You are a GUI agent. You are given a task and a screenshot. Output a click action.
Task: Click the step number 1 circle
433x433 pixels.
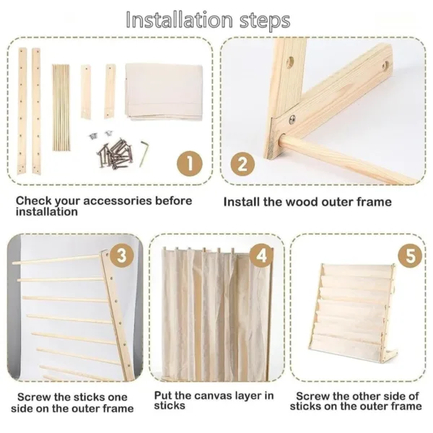tap(190, 164)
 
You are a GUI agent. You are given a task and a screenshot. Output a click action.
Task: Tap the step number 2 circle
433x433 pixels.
tap(242, 164)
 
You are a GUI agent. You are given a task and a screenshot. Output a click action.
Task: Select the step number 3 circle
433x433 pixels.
tap(122, 255)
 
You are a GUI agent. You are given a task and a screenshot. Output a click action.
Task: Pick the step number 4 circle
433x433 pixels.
tap(262, 255)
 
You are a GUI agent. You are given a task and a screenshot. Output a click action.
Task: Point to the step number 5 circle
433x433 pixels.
tap(411, 255)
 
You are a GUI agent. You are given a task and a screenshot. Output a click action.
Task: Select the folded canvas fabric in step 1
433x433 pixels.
tap(164, 92)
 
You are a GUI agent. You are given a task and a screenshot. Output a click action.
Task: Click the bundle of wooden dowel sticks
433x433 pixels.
tap(61, 108)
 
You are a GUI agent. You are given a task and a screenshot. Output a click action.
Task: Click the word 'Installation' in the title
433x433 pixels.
tap(180, 20)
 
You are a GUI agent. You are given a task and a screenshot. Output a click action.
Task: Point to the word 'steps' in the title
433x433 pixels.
tap(265, 21)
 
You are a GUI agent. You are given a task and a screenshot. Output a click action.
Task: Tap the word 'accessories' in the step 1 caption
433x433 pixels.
tap(118, 201)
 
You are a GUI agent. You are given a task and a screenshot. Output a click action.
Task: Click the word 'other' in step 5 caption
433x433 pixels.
tap(365, 396)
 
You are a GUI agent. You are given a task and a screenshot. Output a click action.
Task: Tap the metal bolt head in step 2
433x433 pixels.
tap(292, 119)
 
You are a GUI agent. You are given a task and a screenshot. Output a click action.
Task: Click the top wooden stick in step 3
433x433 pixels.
tap(56, 260)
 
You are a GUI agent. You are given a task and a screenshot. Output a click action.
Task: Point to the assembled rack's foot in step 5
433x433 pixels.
tap(390, 354)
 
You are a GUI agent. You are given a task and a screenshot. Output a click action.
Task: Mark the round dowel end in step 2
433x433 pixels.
tap(281, 139)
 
